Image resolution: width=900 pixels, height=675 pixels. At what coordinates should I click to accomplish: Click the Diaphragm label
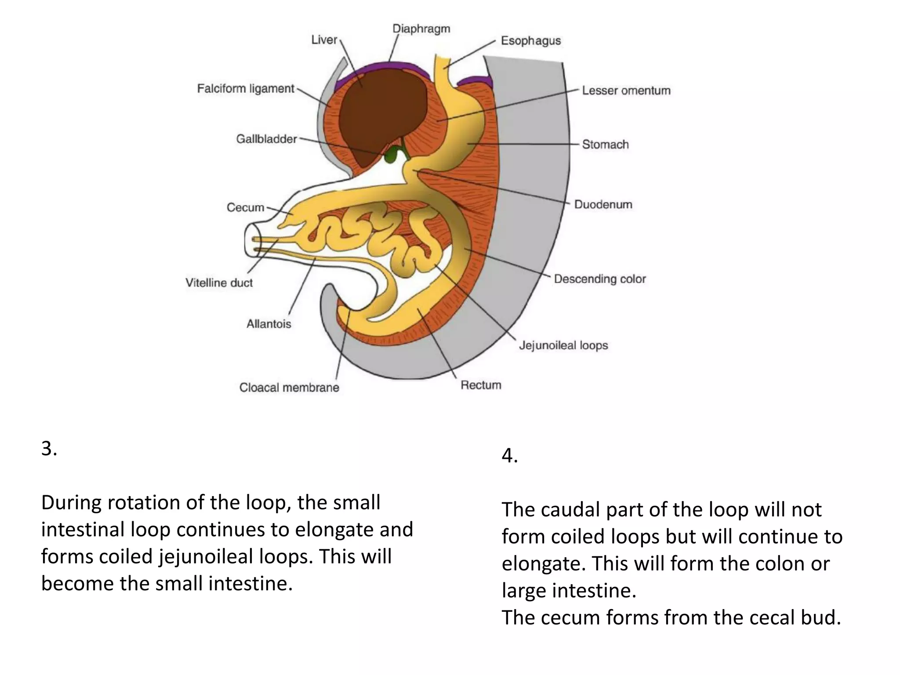pyautogui.click(x=421, y=29)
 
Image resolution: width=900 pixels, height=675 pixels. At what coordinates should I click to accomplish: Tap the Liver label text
pyautogui.click(x=324, y=40)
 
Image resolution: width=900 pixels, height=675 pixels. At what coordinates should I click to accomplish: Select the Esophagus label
pyautogui.click(x=530, y=41)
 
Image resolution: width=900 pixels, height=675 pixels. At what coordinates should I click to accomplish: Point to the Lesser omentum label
pyautogui.click(x=626, y=91)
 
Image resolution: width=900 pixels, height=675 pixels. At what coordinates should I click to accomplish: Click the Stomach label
pyautogui.click(x=605, y=145)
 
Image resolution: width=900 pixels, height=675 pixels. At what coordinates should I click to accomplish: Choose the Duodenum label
pyautogui.click(x=603, y=205)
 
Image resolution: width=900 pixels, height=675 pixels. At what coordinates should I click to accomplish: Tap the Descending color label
pyautogui.click(x=599, y=279)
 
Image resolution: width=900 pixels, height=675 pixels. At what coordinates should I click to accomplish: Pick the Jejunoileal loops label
pyautogui.click(x=563, y=345)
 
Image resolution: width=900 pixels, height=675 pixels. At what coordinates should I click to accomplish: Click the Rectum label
pyautogui.click(x=481, y=385)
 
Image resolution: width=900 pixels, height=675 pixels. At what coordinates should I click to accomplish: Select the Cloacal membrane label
pyautogui.click(x=289, y=388)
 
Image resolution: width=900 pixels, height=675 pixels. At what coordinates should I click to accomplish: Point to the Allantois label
pyautogui.click(x=269, y=324)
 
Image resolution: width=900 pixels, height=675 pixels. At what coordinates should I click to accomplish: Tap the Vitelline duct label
pyautogui.click(x=219, y=283)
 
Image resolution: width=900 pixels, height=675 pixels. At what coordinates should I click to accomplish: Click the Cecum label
pyautogui.click(x=245, y=207)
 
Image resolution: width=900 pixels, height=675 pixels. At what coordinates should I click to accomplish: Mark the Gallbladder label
pyautogui.click(x=266, y=139)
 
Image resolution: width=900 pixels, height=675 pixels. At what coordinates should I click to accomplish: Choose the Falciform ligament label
pyautogui.click(x=245, y=89)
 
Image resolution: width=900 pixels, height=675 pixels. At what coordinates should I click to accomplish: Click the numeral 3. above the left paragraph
pyautogui.click(x=49, y=449)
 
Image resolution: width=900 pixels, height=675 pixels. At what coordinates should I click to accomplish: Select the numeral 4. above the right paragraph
pyautogui.click(x=509, y=456)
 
